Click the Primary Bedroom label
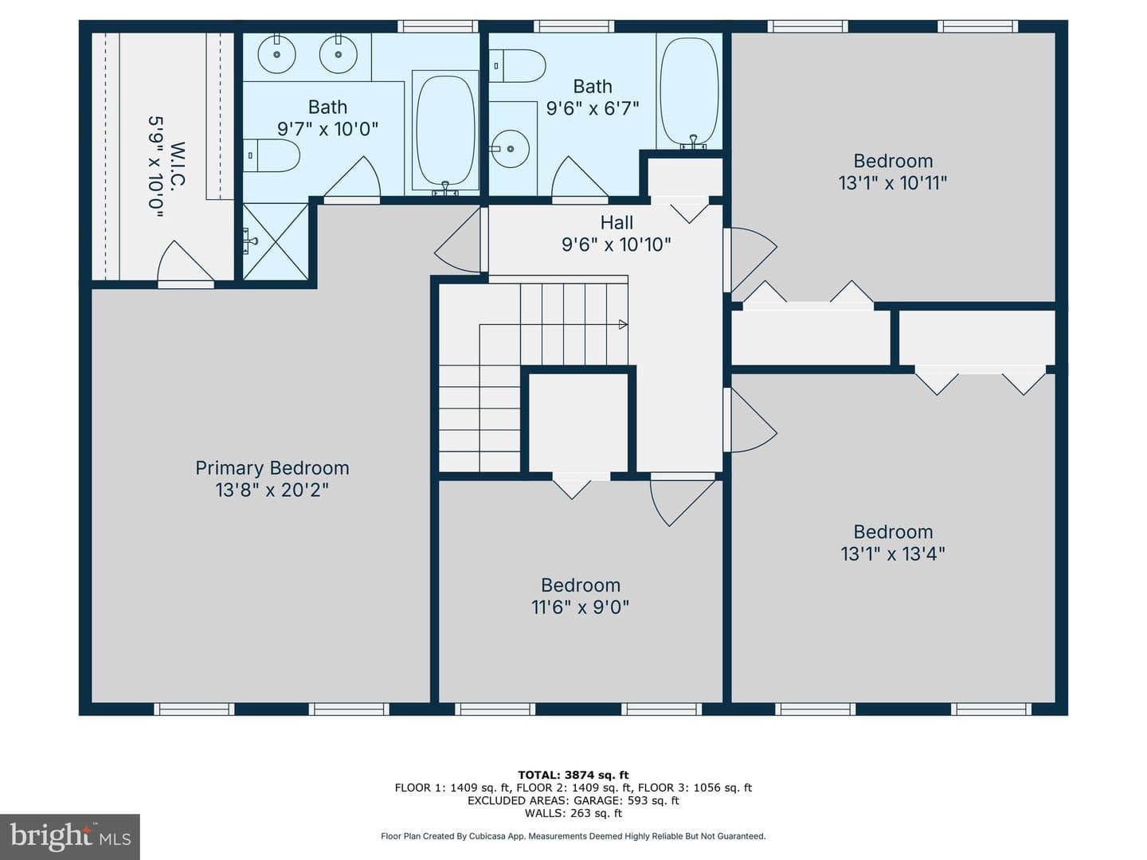coord(272,468)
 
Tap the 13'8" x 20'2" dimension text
coord(272,490)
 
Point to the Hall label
coord(617,222)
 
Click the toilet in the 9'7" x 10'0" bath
coord(271,155)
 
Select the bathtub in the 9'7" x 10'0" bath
coord(446,131)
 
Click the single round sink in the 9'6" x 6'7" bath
coord(510,149)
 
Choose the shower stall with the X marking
coord(276,242)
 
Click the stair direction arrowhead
coord(623,324)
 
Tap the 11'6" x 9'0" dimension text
coord(580,607)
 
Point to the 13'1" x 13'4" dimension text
coord(893,553)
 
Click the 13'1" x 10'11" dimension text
coord(893,183)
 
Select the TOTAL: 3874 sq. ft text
coord(573,775)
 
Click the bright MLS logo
coord(70,836)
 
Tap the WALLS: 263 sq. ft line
coord(573,813)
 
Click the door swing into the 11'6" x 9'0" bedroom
coord(683,502)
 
